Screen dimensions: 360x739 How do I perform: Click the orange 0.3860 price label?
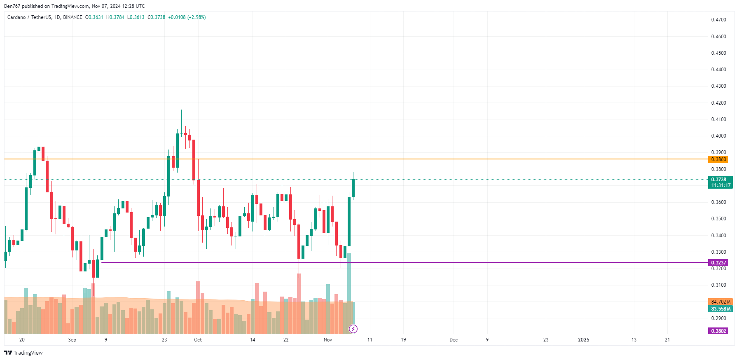point(718,159)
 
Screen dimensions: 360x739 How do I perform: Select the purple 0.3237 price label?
point(718,263)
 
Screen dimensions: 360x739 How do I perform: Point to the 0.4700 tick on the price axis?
point(718,20)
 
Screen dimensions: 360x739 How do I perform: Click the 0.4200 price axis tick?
point(718,103)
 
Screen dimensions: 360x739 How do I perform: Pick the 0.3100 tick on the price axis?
point(718,285)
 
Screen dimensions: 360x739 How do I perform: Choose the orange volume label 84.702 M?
point(720,302)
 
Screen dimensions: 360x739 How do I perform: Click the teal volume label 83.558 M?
point(720,309)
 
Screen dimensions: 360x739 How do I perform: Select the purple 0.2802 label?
point(718,331)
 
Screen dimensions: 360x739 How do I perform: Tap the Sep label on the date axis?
point(72,340)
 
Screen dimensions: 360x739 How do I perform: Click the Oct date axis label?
point(198,340)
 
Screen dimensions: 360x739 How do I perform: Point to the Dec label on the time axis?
point(454,340)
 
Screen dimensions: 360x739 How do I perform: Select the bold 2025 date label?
point(584,340)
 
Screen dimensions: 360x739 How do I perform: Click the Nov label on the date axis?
point(328,340)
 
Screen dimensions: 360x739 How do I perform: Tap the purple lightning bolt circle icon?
point(353,329)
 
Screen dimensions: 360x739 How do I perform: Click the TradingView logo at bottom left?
point(23,353)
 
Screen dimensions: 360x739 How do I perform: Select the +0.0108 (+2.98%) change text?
point(187,17)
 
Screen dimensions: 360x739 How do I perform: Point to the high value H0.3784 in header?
point(115,17)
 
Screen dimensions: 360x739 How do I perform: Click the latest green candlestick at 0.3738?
point(353,188)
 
